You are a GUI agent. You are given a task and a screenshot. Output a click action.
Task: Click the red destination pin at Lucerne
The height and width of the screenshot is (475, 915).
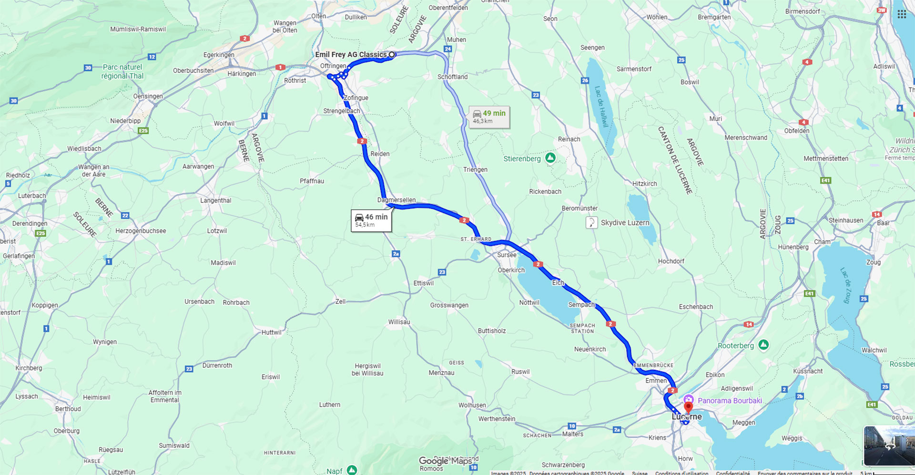tap(688, 408)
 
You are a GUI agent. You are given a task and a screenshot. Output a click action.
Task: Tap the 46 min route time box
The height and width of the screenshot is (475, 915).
tap(371, 221)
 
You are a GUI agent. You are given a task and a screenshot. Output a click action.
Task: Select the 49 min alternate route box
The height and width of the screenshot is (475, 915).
tap(489, 117)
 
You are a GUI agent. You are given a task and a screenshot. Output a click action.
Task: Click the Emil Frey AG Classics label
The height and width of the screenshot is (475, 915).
tap(351, 55)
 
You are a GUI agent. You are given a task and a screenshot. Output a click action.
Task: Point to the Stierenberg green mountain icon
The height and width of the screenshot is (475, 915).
tap(550, 158)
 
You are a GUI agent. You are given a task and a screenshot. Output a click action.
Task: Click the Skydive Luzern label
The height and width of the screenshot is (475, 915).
tap(625, 222)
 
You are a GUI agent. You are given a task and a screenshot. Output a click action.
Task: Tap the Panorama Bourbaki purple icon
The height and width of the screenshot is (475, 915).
tap(689, 400)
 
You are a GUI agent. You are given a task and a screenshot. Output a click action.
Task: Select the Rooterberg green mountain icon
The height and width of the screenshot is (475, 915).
tap(763, 344)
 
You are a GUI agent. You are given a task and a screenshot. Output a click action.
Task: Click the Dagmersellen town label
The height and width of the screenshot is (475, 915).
tap(396, 200)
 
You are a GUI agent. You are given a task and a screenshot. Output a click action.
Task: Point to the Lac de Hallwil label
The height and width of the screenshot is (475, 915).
tap(601, 106)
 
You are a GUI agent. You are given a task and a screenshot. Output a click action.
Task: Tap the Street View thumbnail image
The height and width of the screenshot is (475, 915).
tap(889, 446)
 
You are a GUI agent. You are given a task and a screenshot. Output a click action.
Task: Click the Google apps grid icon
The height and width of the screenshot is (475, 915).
tap(902, 14)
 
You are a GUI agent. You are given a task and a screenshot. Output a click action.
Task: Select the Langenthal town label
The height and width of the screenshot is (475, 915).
tap(215, 201)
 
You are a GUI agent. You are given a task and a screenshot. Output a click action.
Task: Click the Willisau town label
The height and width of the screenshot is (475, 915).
tap(399, 322)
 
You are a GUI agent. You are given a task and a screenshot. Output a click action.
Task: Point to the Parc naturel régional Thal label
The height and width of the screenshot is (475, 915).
tap(122, 71)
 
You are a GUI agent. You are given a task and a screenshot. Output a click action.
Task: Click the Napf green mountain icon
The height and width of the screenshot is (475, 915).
tap(352, 470)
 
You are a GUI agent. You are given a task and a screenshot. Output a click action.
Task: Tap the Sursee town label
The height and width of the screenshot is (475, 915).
tap(507, 255)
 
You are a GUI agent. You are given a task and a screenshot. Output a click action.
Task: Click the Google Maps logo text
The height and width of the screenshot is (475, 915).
tap(445, 461)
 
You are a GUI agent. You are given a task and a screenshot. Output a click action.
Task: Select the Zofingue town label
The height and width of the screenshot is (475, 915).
tap(356, 98)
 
